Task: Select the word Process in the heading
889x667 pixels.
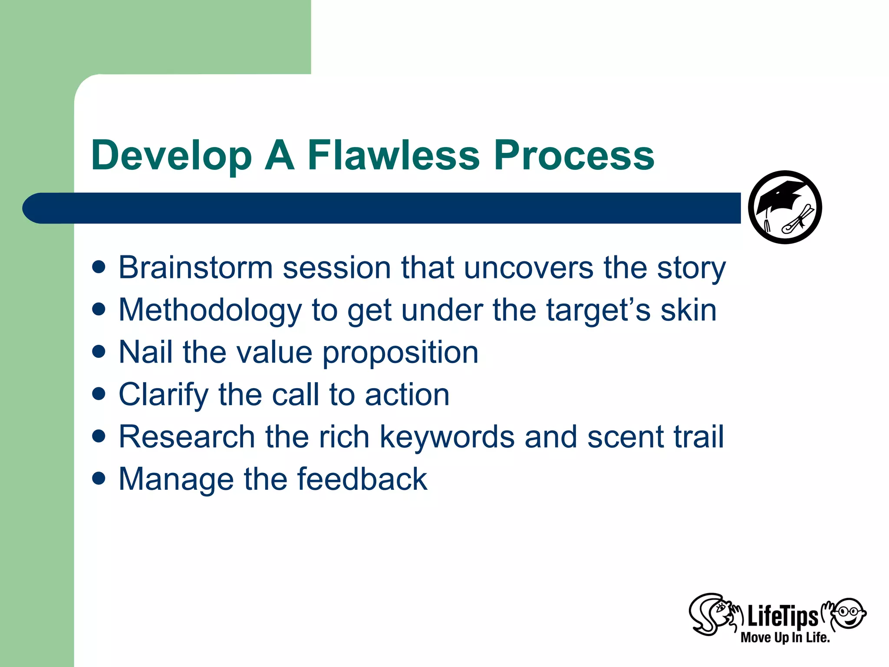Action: tap(574, 155)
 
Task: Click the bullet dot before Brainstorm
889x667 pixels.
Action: tap(99, 267)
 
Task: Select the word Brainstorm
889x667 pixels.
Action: tap(195, 267)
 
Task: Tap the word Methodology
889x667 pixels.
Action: tap(210, 311)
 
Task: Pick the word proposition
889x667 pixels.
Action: tap(400, 353)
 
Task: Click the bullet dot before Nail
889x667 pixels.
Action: tap(99, 351)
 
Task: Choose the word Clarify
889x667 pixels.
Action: tap(164, 396)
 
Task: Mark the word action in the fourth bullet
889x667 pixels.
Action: tap(407, 395)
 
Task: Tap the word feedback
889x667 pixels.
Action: tap(362, 479)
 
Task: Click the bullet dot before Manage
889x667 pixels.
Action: tap(99, 479)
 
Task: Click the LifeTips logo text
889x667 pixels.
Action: tap(782, 617)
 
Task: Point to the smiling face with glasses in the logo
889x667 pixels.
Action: tap(849, 613)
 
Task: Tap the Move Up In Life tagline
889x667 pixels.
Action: tap(785, 637)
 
